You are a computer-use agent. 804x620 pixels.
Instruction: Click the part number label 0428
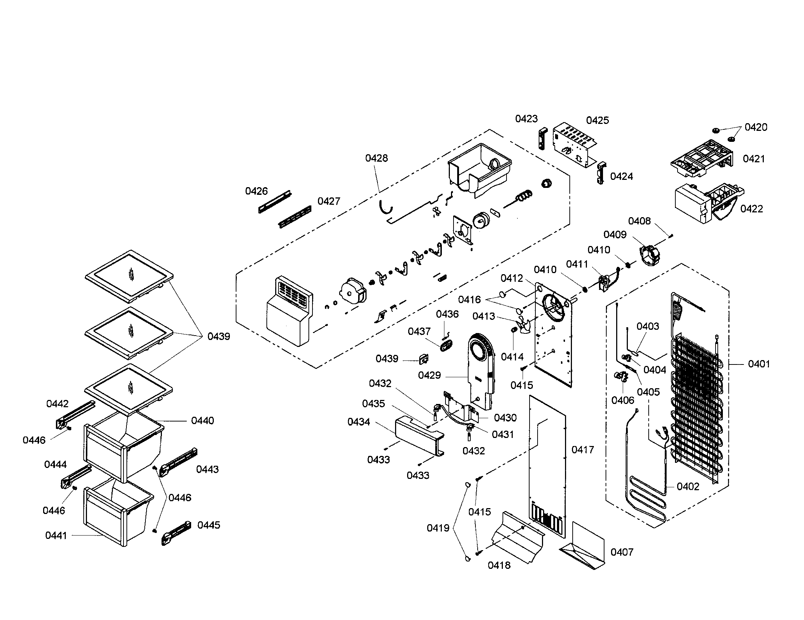point(376,158)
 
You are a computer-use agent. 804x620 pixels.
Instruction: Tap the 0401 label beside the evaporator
point(758,364)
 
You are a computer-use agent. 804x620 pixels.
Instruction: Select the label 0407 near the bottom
point(622,552)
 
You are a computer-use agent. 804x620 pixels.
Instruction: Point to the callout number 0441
point(56,536)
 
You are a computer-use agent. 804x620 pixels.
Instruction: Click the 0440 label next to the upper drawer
point(202,420)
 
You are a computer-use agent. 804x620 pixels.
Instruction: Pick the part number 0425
point(597,120)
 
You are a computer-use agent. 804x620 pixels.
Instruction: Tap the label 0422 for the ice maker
point(751,209)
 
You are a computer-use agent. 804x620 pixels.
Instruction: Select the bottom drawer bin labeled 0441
point(118,515)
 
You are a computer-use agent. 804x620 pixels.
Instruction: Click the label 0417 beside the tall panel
point(583,450)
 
